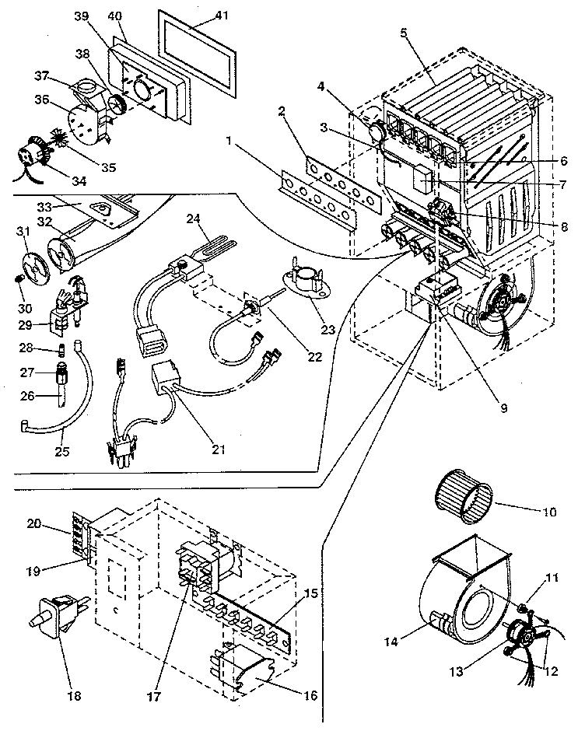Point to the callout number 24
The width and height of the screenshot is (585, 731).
coord(192,219)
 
